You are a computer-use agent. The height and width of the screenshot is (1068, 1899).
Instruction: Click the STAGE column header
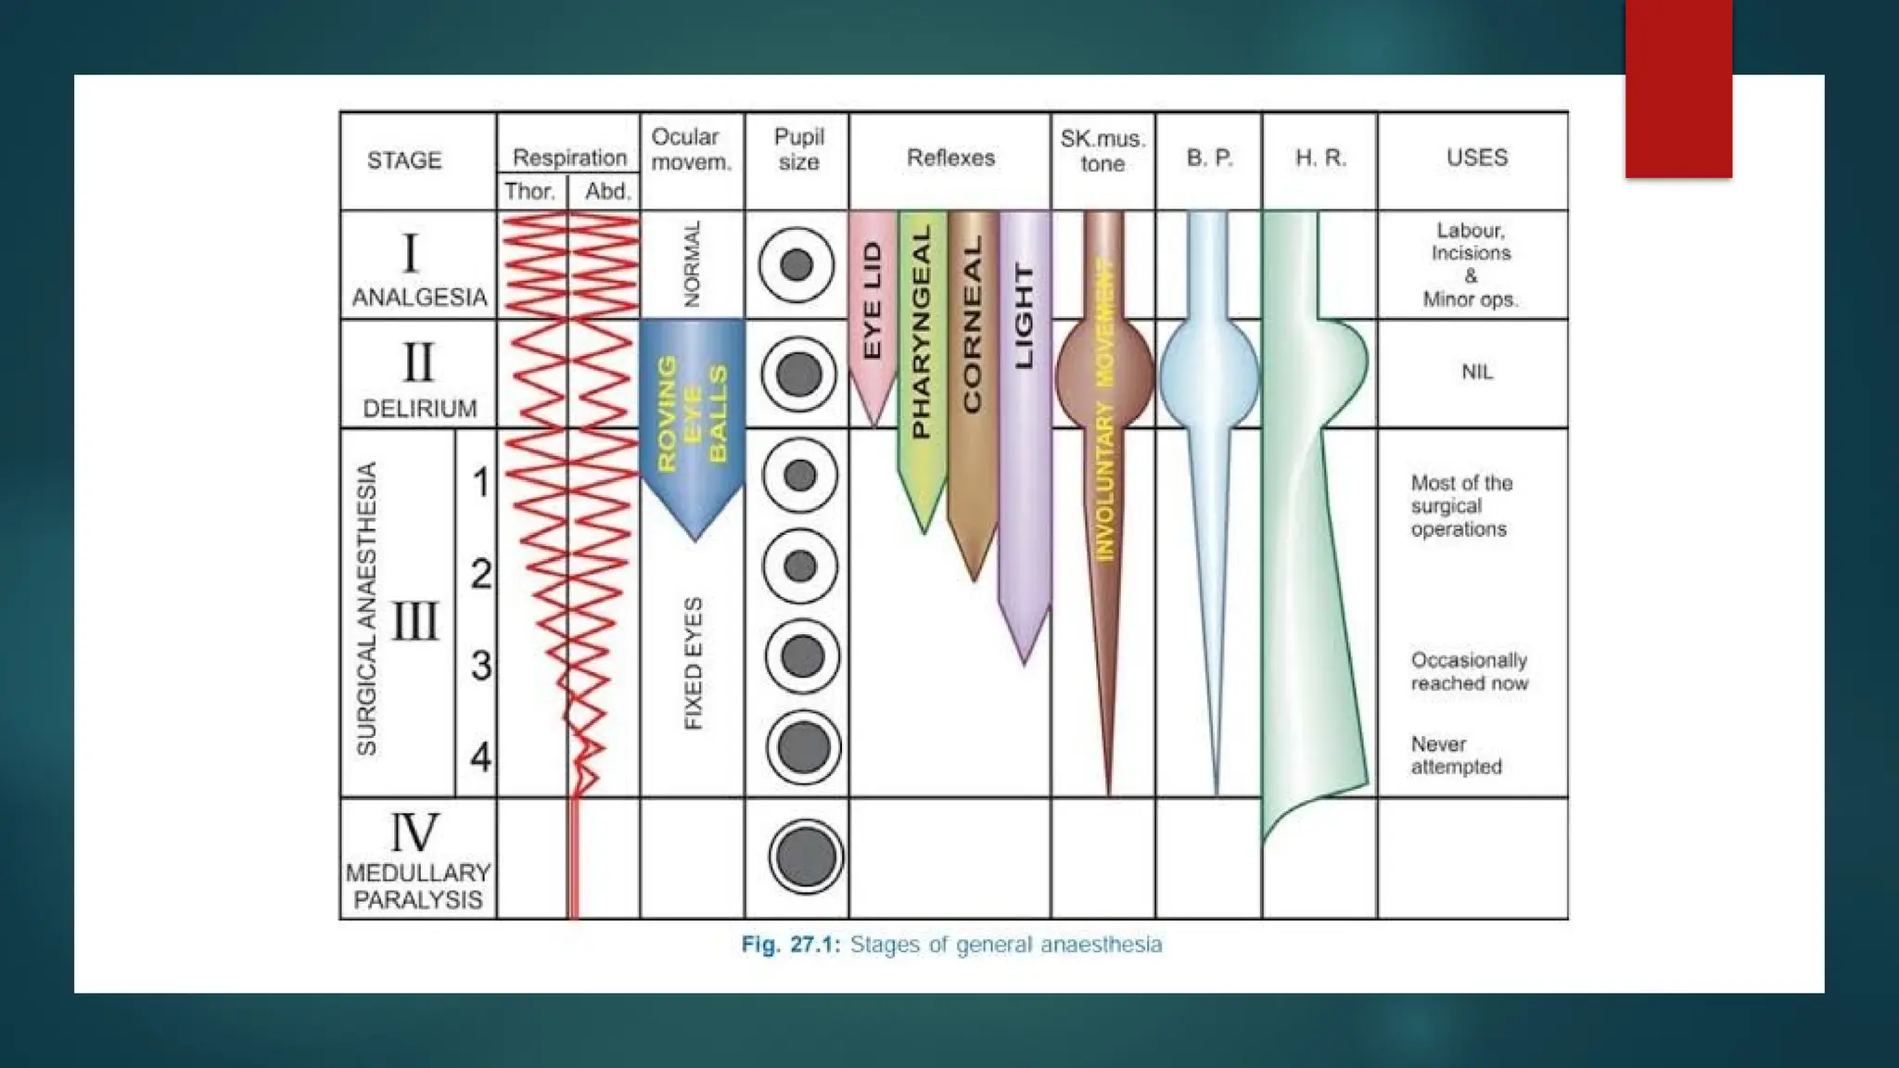[x=404, y=160]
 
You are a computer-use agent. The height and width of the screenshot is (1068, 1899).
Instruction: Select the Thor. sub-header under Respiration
[x=530, y=192]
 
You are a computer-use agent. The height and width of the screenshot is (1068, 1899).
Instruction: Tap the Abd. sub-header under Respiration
[x=607, y=192]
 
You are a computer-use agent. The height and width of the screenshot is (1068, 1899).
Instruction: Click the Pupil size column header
[x=798, y=149]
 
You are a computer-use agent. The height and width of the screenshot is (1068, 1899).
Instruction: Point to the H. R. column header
[x=1320, y=159]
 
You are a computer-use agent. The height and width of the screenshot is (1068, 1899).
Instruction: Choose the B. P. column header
[x=1209, y=159]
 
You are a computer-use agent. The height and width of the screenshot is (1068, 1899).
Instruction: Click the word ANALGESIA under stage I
[x=419, y=298]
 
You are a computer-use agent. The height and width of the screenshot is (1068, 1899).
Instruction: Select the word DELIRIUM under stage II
[x=419, y=409]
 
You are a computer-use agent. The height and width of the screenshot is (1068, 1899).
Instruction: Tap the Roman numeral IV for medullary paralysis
[x=414, y=832]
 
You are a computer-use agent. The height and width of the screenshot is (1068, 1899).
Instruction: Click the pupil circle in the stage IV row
[x=805, y=857]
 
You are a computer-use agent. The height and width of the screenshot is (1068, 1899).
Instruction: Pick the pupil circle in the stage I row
[x=797, y=265]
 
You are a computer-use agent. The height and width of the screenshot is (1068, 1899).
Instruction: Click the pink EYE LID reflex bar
[x=873, y=306]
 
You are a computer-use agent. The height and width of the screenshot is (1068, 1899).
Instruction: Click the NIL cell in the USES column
[x=1477, y=372]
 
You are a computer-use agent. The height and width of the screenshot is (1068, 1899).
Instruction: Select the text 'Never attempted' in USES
[x=1456, y=756]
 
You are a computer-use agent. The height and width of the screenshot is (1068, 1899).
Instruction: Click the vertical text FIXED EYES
[x=693, y=663]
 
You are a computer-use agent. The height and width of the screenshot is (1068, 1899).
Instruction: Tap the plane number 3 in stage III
[x=480, y=665]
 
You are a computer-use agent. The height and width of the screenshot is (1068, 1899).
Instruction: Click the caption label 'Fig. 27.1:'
[x=790, y=945]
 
